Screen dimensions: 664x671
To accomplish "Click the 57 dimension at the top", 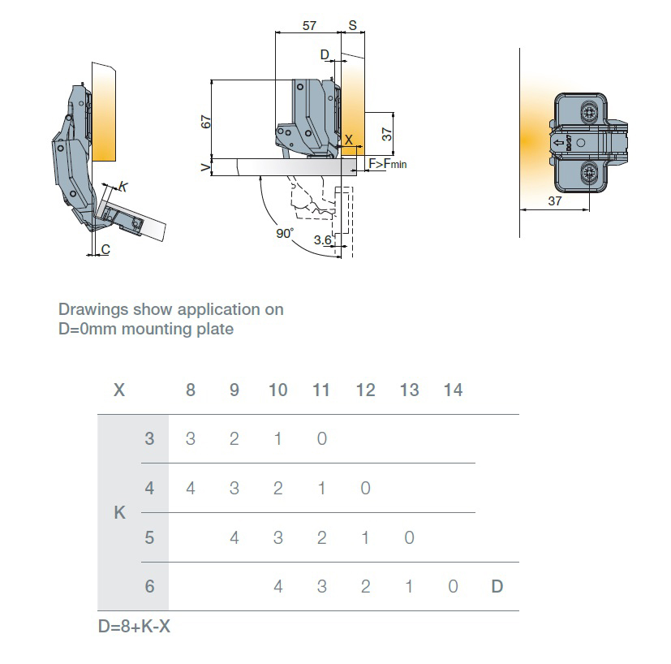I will (309, 25).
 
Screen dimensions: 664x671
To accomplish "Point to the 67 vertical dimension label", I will (206, 121).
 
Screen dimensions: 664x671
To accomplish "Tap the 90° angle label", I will (284, 233).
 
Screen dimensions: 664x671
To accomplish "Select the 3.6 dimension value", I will (322, 239).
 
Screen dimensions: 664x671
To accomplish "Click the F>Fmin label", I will (388, 165).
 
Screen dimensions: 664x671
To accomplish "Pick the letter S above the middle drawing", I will (353, 25).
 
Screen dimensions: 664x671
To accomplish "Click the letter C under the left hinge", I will (105, 249).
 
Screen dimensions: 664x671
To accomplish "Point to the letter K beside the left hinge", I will (123, 187).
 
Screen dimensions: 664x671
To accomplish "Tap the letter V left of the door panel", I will (204, 167).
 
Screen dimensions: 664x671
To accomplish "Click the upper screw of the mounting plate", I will (590, 110).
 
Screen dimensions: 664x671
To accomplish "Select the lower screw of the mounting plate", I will (590, 172).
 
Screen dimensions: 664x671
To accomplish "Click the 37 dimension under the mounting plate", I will (554, 201).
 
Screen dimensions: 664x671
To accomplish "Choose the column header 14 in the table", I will (453, 390).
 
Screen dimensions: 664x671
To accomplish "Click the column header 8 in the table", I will (191, 390).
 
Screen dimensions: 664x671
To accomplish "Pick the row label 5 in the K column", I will (149, 537).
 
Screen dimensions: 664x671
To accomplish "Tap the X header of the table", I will (119, 390).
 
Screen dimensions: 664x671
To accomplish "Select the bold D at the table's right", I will (497, 586).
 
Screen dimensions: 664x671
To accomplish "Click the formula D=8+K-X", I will (134, 627).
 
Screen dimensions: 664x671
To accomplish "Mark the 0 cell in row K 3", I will (322, 439).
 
